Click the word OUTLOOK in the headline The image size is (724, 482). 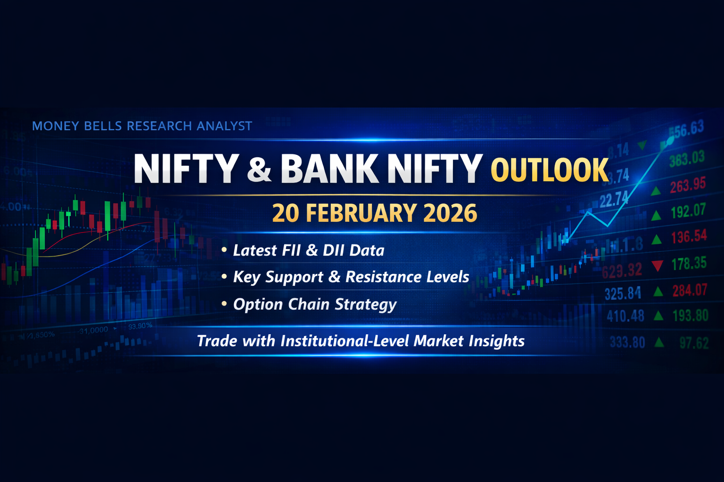click(x=550, y=170)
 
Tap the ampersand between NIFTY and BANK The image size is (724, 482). click(x=259, y=169)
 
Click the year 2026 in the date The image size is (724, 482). click(x=450, y=213)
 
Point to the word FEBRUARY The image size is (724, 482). click(x=361, y=213)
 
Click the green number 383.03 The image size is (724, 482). click(x=687, y=158)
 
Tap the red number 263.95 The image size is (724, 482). click(x=688, y=185)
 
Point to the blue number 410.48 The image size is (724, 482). click(x=625, y=316)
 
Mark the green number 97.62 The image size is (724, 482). click(x=694, y=343)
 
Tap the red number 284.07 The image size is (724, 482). click(x=690, y=290)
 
